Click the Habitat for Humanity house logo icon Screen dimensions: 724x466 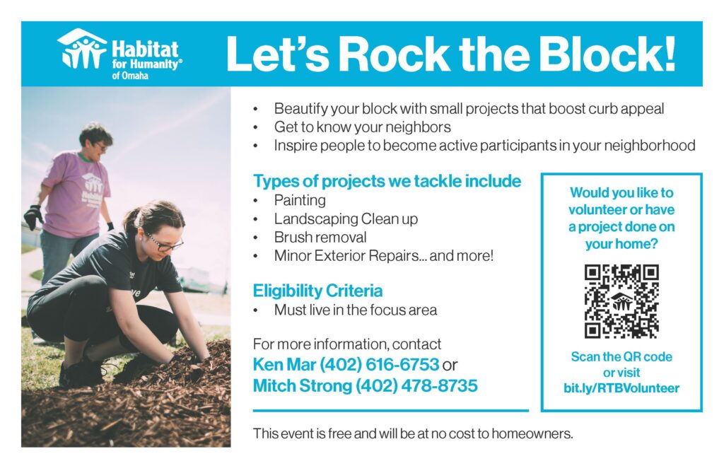tap(82, 49)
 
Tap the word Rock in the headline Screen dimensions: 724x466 tap(394, 54)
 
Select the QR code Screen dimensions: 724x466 tap(621, 301)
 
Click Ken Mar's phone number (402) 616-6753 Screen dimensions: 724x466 tap(379, 364)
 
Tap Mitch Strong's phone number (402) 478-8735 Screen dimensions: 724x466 tap(416, 385)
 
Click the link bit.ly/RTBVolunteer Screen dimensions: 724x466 tap(621, 388)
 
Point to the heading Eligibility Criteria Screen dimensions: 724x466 tap(317, 291)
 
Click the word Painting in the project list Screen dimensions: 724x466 tap(300, 200)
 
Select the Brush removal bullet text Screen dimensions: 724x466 tap(320, 237)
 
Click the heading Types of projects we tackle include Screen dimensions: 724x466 tap(387, 181)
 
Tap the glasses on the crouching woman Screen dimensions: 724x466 tap(164, 243)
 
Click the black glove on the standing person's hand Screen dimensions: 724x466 tap(33, 216)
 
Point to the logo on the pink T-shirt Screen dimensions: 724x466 tap(93, 190)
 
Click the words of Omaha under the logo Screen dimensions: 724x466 tap(130, 75)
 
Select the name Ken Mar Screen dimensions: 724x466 tap(284, 364)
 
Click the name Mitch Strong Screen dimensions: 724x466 tap(302, 385)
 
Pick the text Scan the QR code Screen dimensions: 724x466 tap(621, 356)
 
